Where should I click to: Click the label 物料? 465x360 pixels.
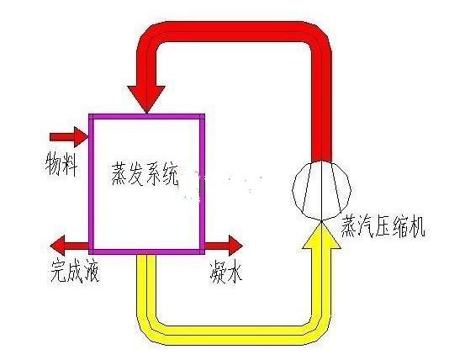pyautogui.click(x=61, y=165)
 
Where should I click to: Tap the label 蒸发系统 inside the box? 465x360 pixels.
pyautogui.click(x=145, y=174)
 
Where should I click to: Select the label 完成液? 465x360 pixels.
pyautogui.click(x=75, y=271)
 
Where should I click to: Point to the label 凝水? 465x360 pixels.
pyautogui.click(x=226, y=272)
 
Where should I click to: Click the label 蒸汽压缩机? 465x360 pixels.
pyautogui.click(x=383, y=226)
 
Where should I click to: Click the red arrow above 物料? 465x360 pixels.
pyautogui.click(x=69, y=137)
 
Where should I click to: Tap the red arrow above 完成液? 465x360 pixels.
pyautogui.click(x=70, y=246)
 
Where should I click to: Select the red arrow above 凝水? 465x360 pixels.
pyautogui.click(x=224, y=246)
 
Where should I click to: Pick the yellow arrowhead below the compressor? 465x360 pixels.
pyautogui.click(x=321, y=235)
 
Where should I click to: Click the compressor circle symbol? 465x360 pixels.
pyautogui.click(x=322, y=190)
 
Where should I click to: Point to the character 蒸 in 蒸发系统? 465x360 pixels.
pyautogui.click(x=119, y=174)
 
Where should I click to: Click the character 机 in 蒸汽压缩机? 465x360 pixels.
pyautogui.click(x=417, y=227)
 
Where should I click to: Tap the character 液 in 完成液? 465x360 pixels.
pyautogui.click(x=92, y=271)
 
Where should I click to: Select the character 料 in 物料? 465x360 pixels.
pyautogui.click(x=71, y=165)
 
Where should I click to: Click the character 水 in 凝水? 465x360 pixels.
pyautogui.click(x=235, y=272)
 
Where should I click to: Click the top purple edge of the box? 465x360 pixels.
pyautogui.click(x=147, y=116)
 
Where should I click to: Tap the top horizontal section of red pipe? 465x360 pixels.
pyautogui.click(x=233, y=31)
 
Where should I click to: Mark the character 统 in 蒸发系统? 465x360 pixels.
pyautogui.click(x=170, y=174)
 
